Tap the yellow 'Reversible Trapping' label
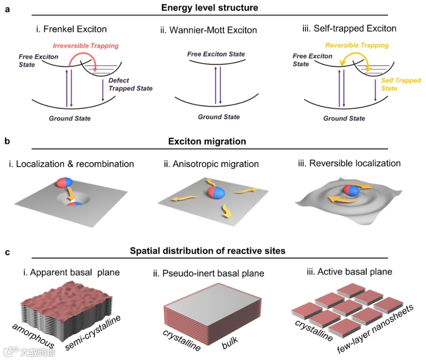pos(357,45)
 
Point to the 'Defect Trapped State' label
pos(130,84)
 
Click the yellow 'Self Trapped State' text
pos(401,84)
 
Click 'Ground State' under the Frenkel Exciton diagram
pos(70,118)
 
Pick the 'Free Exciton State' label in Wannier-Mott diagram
pos(216,54)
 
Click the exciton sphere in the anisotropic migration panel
pos(214,194)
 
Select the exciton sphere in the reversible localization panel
pos(351,190)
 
